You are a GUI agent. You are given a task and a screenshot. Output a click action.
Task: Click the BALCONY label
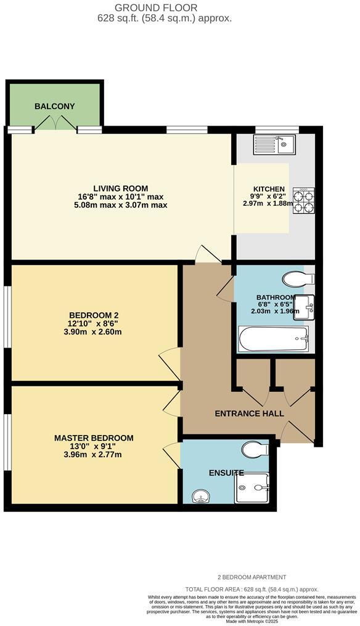pyautogui.click(x=55, y=106)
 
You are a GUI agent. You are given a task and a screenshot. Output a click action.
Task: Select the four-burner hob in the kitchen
pyautogui.click(x=303, y=200)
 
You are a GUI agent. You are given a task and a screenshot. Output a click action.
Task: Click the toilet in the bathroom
pyautogui.click(x=300, y=279)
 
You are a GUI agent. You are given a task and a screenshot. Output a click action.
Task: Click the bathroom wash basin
pyautogui.click(x=306, y=303)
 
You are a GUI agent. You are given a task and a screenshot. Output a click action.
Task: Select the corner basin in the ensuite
pyautogui.click(x=200, y=495)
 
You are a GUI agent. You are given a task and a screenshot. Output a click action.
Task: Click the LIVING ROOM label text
pyautogui.click(x=121, y=189)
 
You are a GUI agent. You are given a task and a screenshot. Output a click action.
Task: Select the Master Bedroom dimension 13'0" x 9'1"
pyautogui.click(x=94, y=447)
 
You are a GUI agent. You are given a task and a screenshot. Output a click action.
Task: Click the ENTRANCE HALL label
pyautogui.click(x=249, y=413)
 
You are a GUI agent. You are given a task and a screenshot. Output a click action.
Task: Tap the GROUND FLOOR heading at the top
pyautogui.click(x=165, y=7)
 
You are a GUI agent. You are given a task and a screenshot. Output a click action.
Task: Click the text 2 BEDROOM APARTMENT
pyautogui.click(x=252, y=577)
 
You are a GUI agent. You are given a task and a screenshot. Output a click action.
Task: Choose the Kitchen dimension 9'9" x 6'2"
pyautogui.click(x=269, y=197)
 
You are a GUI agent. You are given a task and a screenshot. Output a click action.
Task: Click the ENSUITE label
pyautogui.click(x=226, y=473)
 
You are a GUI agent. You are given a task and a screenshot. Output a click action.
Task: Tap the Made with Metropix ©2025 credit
pyautogui.click(x=252, y=620)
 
